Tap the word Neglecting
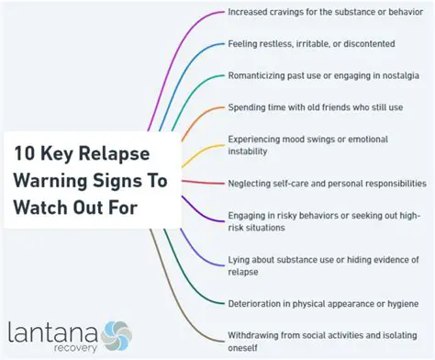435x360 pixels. pyautogui.click(x=253, y=183)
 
